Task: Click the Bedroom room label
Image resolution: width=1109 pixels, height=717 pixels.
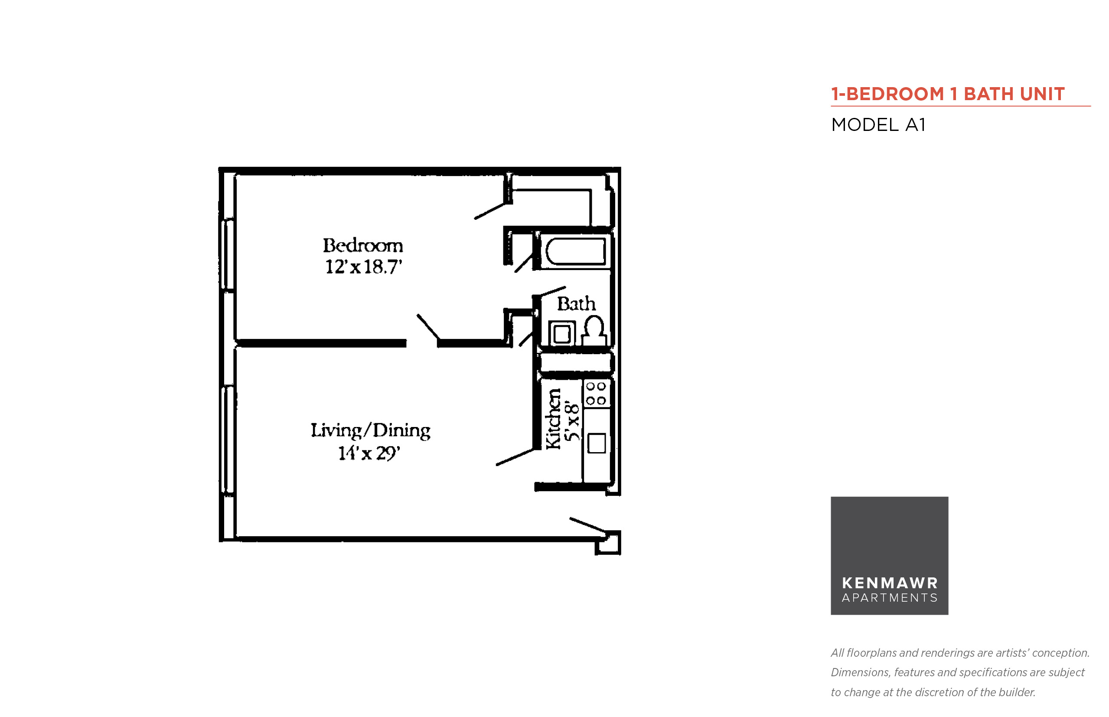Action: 363,245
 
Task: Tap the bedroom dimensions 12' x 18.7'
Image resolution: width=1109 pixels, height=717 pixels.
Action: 363,267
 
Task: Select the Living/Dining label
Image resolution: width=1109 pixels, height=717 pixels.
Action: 371,430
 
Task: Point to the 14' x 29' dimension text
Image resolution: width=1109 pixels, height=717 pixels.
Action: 369,453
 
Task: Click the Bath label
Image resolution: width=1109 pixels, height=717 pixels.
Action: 576,303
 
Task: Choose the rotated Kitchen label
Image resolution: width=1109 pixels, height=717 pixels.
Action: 553,419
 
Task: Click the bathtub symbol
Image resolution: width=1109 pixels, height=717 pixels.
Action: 576,251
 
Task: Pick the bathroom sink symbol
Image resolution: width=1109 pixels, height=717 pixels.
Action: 562,333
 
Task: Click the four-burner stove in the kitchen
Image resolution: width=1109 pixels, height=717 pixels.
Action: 596,394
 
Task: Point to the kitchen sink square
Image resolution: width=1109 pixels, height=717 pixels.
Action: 597,443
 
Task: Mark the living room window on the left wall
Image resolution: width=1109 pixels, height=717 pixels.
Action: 228,439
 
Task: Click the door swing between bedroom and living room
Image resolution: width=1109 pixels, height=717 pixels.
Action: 428,327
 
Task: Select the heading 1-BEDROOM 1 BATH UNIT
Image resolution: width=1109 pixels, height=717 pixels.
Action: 948,94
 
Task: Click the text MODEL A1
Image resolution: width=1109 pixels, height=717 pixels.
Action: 878,125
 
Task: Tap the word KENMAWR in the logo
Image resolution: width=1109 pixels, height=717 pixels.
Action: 890,583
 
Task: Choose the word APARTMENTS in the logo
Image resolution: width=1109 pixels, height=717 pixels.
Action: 890,598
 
